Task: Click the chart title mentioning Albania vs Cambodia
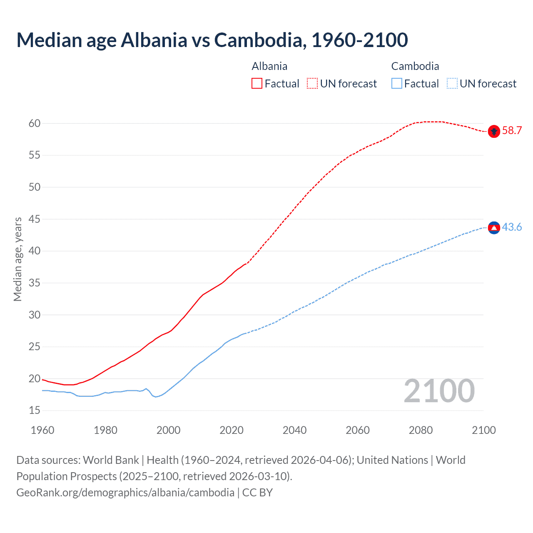(x=212, y=40)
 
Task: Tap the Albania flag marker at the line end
(x=494, y=131)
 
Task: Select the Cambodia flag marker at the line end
(x=494, y=228)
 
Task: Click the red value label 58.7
(x=512, y=131)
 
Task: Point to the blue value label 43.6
(x=512, y=227)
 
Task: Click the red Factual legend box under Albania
(x=257, y=84)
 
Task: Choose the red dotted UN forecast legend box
(x=312, y=84)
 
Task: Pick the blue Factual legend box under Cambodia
(x=396, y=84)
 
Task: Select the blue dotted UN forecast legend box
(x=452, y=84)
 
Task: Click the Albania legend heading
(x=269, y=67)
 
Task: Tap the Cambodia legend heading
(x=415, y=67)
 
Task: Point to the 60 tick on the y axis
(x=35, y=123)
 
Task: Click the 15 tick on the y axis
(x=35, y=411)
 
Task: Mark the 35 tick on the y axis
(x=35, y=283)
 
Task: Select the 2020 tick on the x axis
(x=232, y=430)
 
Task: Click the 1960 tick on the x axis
(x=42, y=430)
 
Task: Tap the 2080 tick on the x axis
(x=421, y=430)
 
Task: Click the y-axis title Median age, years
(x=17, y=259)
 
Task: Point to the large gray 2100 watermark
(x=439, y=391)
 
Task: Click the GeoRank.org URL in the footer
(x=125, y=493)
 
